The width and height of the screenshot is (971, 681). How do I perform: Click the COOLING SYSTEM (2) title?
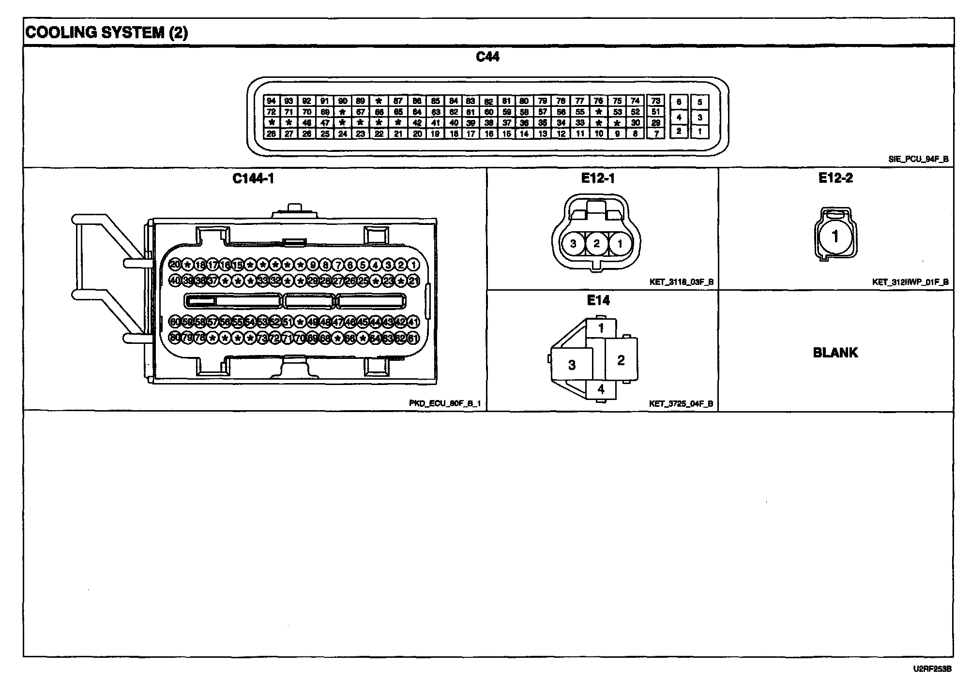106,33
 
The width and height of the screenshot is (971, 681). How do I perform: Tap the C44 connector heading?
487,57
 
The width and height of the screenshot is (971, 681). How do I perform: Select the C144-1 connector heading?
253,179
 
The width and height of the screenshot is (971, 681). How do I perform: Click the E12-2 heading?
835,178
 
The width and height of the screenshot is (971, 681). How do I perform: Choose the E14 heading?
598,300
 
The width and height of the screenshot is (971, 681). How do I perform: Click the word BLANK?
835,353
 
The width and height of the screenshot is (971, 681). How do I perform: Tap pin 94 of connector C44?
271,101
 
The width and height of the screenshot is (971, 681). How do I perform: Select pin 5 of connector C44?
699,103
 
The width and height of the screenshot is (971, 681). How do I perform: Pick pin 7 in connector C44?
656,134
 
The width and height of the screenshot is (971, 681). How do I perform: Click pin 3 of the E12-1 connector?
573,244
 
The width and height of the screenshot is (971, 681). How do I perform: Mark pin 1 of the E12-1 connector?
620,244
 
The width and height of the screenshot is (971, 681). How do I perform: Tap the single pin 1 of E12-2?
834,237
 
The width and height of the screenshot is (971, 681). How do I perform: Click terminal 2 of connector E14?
621,359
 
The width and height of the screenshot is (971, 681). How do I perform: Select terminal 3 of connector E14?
572,365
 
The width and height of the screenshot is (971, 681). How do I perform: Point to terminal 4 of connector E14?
601,389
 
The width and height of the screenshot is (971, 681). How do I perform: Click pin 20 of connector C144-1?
175,265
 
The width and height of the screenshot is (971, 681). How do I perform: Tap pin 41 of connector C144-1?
413,322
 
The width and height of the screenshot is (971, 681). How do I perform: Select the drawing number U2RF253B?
932,669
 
